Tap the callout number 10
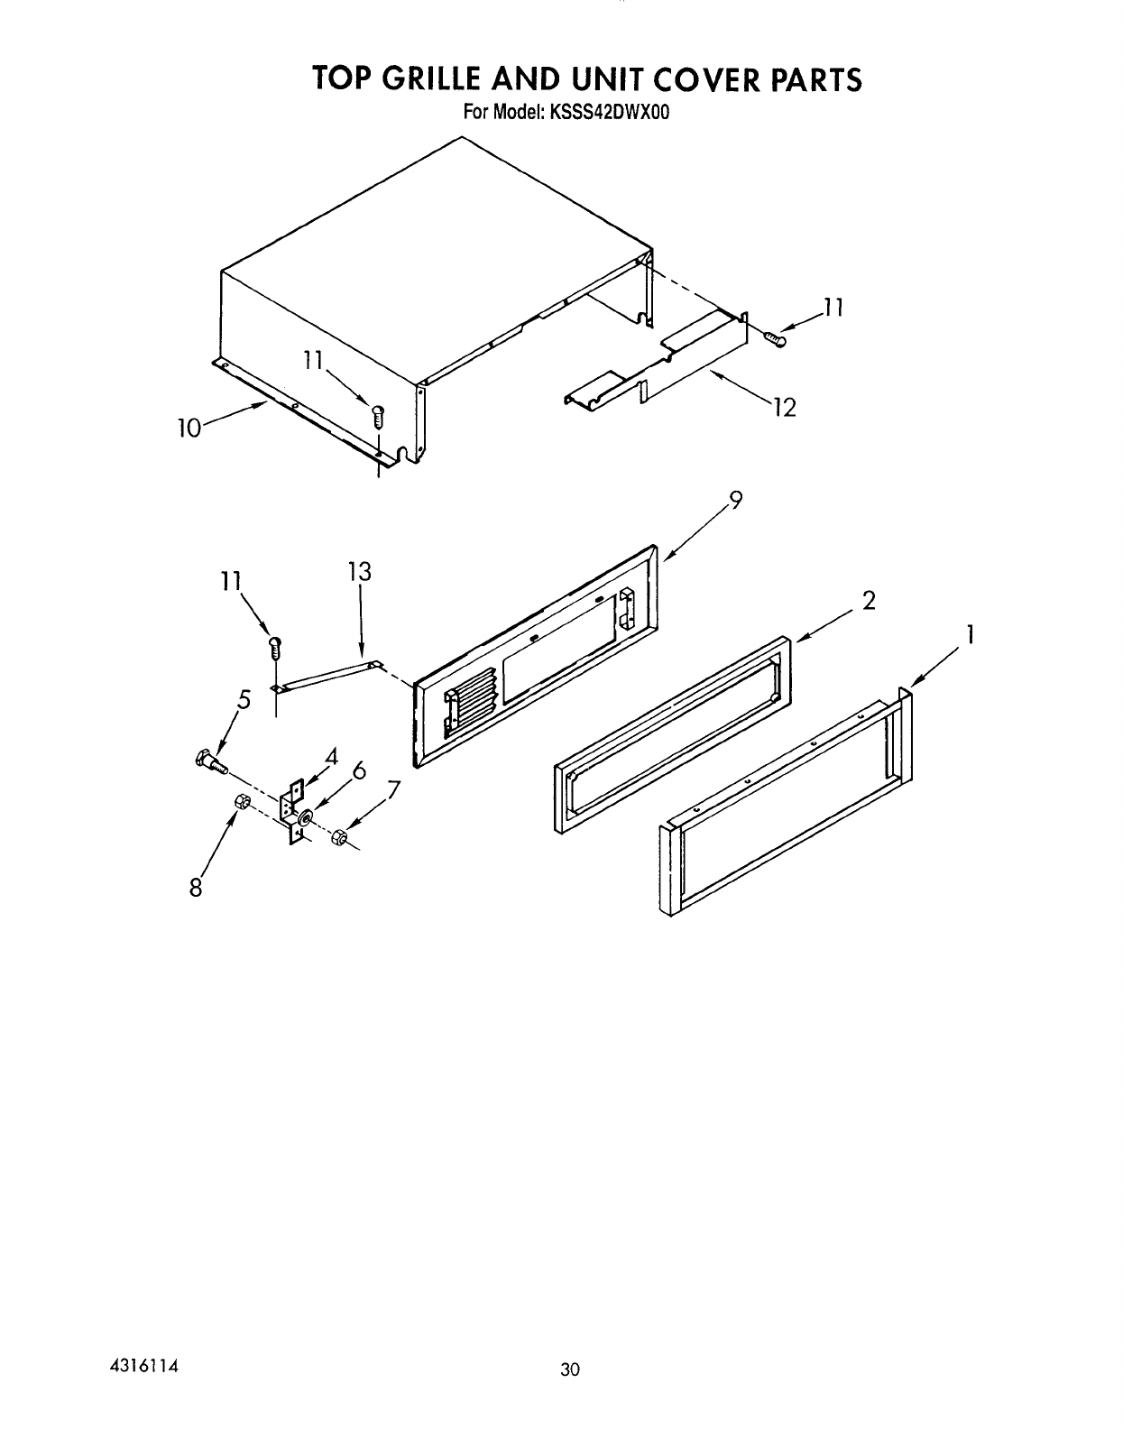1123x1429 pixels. point(189,428)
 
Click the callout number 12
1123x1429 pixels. point(784,409)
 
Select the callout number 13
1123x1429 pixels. point(359,572)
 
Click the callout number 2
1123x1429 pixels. point(869,600)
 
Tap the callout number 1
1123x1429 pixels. point(970,636)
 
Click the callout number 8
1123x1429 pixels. point(195,888)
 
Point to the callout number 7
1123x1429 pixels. point(392,790)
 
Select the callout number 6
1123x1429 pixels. point(359,770)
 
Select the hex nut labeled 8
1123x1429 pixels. point(242,801)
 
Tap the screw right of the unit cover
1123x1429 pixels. point(775,338)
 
